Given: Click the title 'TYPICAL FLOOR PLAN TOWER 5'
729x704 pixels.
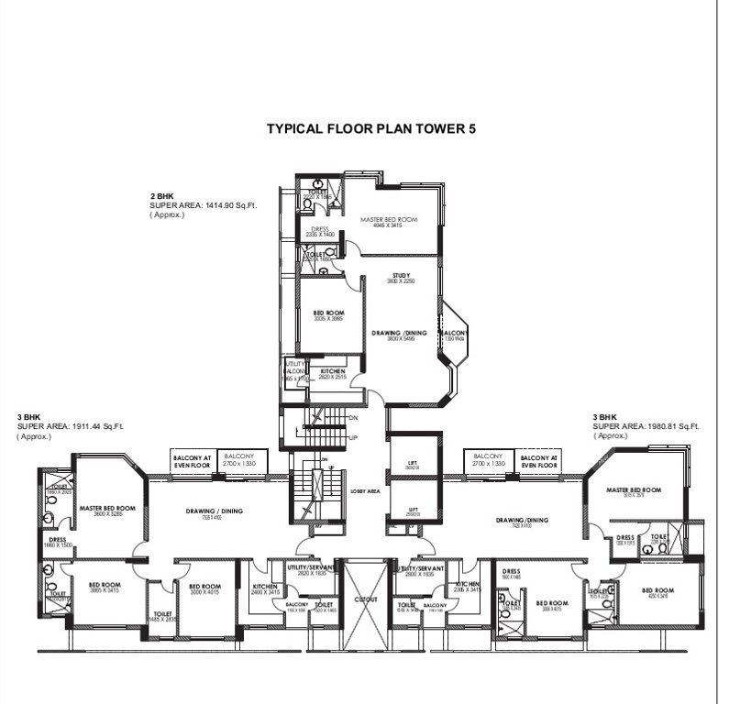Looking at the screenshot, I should pos(370,129).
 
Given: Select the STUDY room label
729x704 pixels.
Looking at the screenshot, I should pos(400,275).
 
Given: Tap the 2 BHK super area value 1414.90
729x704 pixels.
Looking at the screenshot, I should pos(221,206).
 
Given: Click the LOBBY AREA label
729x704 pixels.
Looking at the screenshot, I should pos(365,491).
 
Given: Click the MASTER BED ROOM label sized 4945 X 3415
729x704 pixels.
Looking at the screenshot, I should pos(389,221).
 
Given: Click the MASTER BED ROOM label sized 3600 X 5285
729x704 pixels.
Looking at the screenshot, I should pos(107,510).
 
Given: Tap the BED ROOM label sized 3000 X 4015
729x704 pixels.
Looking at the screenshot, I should pos(204,589).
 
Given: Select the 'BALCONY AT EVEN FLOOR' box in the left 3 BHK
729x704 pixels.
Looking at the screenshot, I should pos(193,459).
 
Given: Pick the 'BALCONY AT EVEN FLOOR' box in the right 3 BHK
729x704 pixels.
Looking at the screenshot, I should pos(539,459).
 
